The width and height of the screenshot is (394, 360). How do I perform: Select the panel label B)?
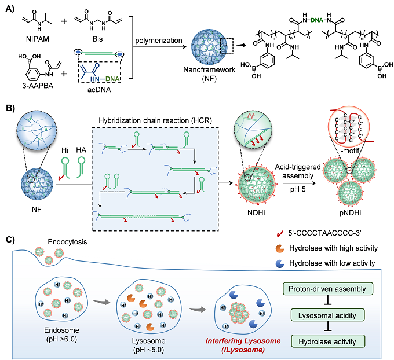pyautogui.click(x=10, y=108)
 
